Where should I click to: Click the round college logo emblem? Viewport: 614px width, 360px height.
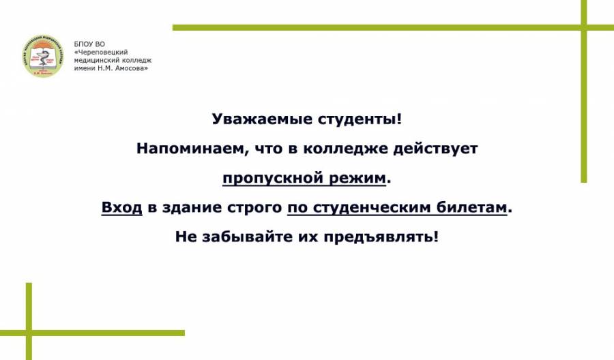pyautogui.click(x=43, y=55)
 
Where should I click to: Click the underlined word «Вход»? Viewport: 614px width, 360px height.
pyautogui.click(x=122, y=207)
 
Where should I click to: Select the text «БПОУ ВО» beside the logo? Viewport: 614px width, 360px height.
pyautogui.click(x=89, y=44)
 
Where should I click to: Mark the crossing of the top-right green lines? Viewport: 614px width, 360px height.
pyautogui.click(x=584, y=27)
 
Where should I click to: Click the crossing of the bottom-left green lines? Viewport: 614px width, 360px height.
pyautogui.click(x=29, y=333)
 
